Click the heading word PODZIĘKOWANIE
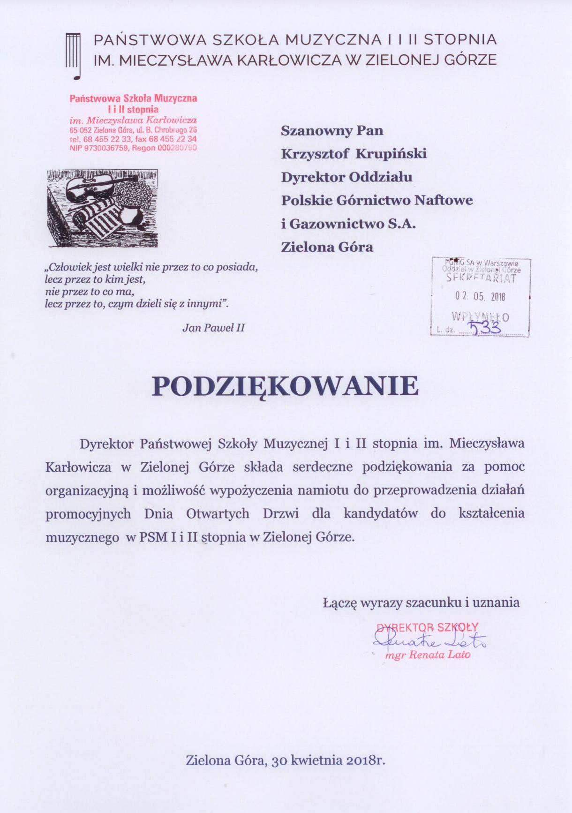(x=285, y=387)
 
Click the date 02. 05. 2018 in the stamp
(x=480, y=297)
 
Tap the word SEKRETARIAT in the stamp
(x=481, y=278)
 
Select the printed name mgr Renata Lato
(x=427, y=655)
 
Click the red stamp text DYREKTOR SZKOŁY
(x=427, y=627)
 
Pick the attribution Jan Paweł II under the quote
(x=213, y=328)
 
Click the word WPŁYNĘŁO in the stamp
(x=480, y=316)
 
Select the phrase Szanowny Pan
(x=332, y=130)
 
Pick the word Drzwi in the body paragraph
(x=280, y=514)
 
